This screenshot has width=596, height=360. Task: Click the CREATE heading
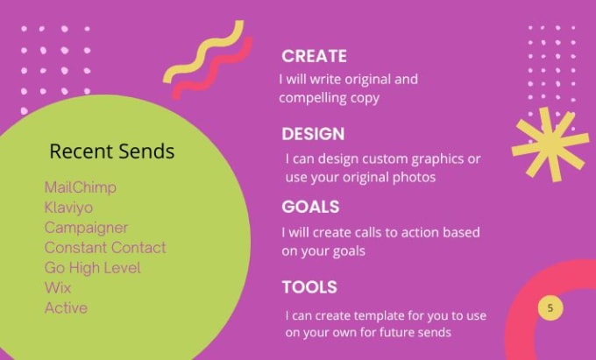click(314, 56)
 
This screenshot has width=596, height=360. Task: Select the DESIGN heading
click(313, 134)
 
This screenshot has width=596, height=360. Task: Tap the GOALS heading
click(310, 207)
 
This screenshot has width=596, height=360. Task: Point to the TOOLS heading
click(309, 287)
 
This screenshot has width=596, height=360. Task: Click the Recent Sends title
click(112, 152)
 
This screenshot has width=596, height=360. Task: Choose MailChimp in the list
click(81, 187)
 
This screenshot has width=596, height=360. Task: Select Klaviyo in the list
click(68, 208)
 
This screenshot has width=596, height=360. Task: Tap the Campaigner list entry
click(86, 228)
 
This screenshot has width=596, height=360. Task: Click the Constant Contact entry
click(105, 248)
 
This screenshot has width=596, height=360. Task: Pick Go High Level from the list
click(92, 268)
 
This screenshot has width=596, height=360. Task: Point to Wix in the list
click(58, 288)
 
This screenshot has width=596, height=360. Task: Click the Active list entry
click(66, 308)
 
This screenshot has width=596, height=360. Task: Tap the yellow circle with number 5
click(550, 308)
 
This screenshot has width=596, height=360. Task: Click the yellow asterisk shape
click(550, 143)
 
